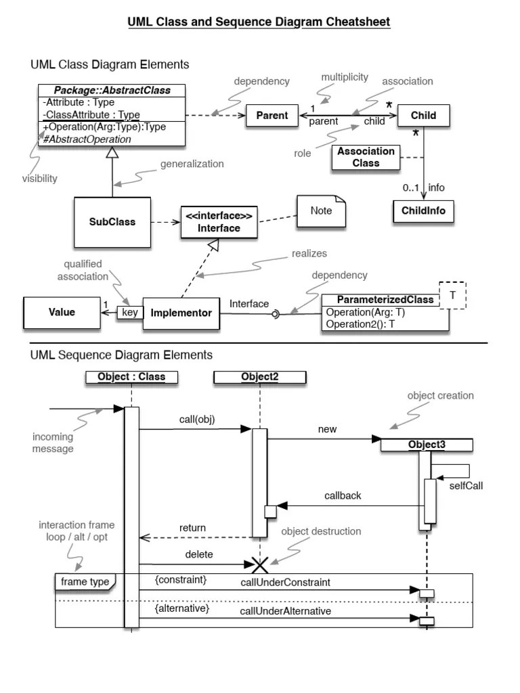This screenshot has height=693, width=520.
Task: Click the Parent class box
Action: (272, 116)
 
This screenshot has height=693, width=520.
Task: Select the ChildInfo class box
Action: (423, 210)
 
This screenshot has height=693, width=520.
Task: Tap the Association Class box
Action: (366, 157)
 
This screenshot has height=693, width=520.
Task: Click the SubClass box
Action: (112, 221)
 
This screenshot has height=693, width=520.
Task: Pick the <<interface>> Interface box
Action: (219, 222)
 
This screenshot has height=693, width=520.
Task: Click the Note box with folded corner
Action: (321, 210)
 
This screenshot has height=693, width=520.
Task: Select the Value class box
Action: (62, 313)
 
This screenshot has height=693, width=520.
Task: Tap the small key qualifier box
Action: (129, 313)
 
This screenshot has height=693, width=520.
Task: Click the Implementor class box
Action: (181, 313)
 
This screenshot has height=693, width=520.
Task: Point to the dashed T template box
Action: (453, 295)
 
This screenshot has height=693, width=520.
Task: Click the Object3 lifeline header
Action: (427, 445)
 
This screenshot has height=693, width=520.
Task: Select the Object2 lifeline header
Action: (259, 377)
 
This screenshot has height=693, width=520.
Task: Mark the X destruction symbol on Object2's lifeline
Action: (260, 564)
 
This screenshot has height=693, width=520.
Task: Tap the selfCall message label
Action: (466, 485)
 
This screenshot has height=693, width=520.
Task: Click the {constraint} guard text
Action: (180, 580)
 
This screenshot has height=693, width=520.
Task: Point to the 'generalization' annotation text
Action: (192, 164)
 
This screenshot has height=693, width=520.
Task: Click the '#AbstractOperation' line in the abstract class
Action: (87, 139)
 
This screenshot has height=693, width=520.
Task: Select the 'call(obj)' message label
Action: (196, 420)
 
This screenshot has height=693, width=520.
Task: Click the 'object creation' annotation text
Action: (440, 395)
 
